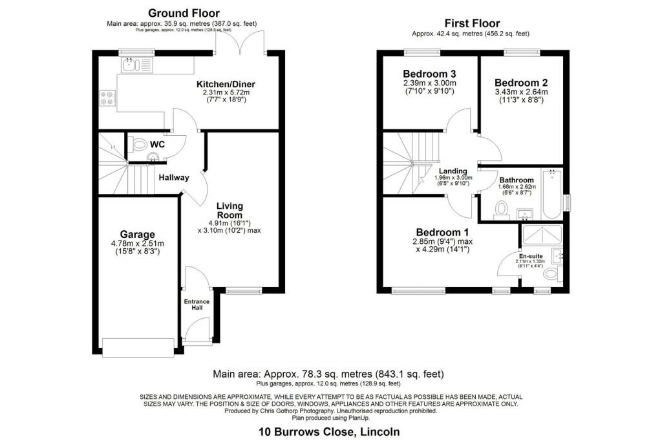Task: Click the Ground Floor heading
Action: coord(184,13)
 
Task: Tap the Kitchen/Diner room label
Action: coord(226,84)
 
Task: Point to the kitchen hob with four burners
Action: coord(107,98)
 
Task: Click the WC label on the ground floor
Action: coord(157,144)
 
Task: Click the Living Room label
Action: coord(230,211)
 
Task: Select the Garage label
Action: coord(137,234)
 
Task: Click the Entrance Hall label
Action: coord(197,305)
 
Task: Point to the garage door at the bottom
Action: coord(138,347)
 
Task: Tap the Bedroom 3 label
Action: coord(429,73)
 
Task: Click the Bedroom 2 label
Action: coord(521,83)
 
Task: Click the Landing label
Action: coord(453,171)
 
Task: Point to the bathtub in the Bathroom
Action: coord(553,193)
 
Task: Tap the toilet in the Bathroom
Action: coord(502,208)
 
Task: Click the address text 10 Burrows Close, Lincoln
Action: coord(330,431)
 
